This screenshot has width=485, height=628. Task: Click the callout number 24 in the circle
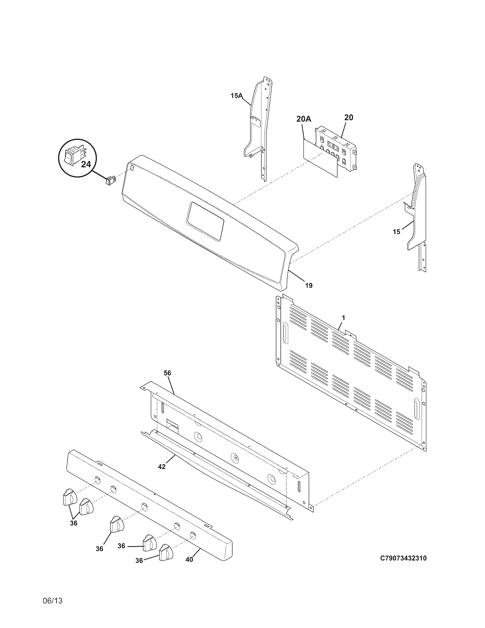tap(86, 164)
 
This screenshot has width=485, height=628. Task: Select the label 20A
tap(304, 119)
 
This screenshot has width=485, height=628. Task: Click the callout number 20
tap(349, 117)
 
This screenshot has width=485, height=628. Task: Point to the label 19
tap(309, 285)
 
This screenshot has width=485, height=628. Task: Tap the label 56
tap(167, 373)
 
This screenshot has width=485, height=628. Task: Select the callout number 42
tap(162, 467)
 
